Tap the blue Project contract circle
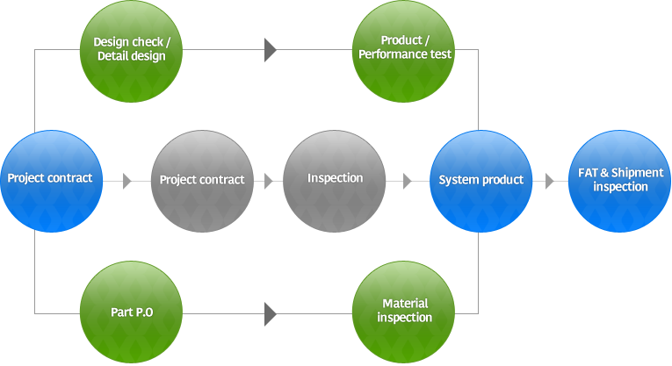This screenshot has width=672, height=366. pos(50,181)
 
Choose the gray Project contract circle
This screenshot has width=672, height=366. pos(202,181)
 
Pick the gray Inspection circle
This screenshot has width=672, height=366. pos(335,181)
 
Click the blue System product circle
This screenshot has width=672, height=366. pos(481,181)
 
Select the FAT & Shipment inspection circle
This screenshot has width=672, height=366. pos(620,181)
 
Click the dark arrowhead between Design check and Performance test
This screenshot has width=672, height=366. pos(271,50)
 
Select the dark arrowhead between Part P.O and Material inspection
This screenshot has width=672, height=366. pos(271,313)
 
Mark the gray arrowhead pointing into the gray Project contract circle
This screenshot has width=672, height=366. pos(127,182)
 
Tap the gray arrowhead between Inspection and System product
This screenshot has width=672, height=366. pos(408,182)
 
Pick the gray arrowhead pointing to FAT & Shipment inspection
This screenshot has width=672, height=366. pos(549,182)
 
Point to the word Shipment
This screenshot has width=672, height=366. pos(636,174)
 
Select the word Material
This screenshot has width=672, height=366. pos(404,305)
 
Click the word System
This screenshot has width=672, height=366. pos(458,180)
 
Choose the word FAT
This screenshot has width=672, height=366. pos(589,174)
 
